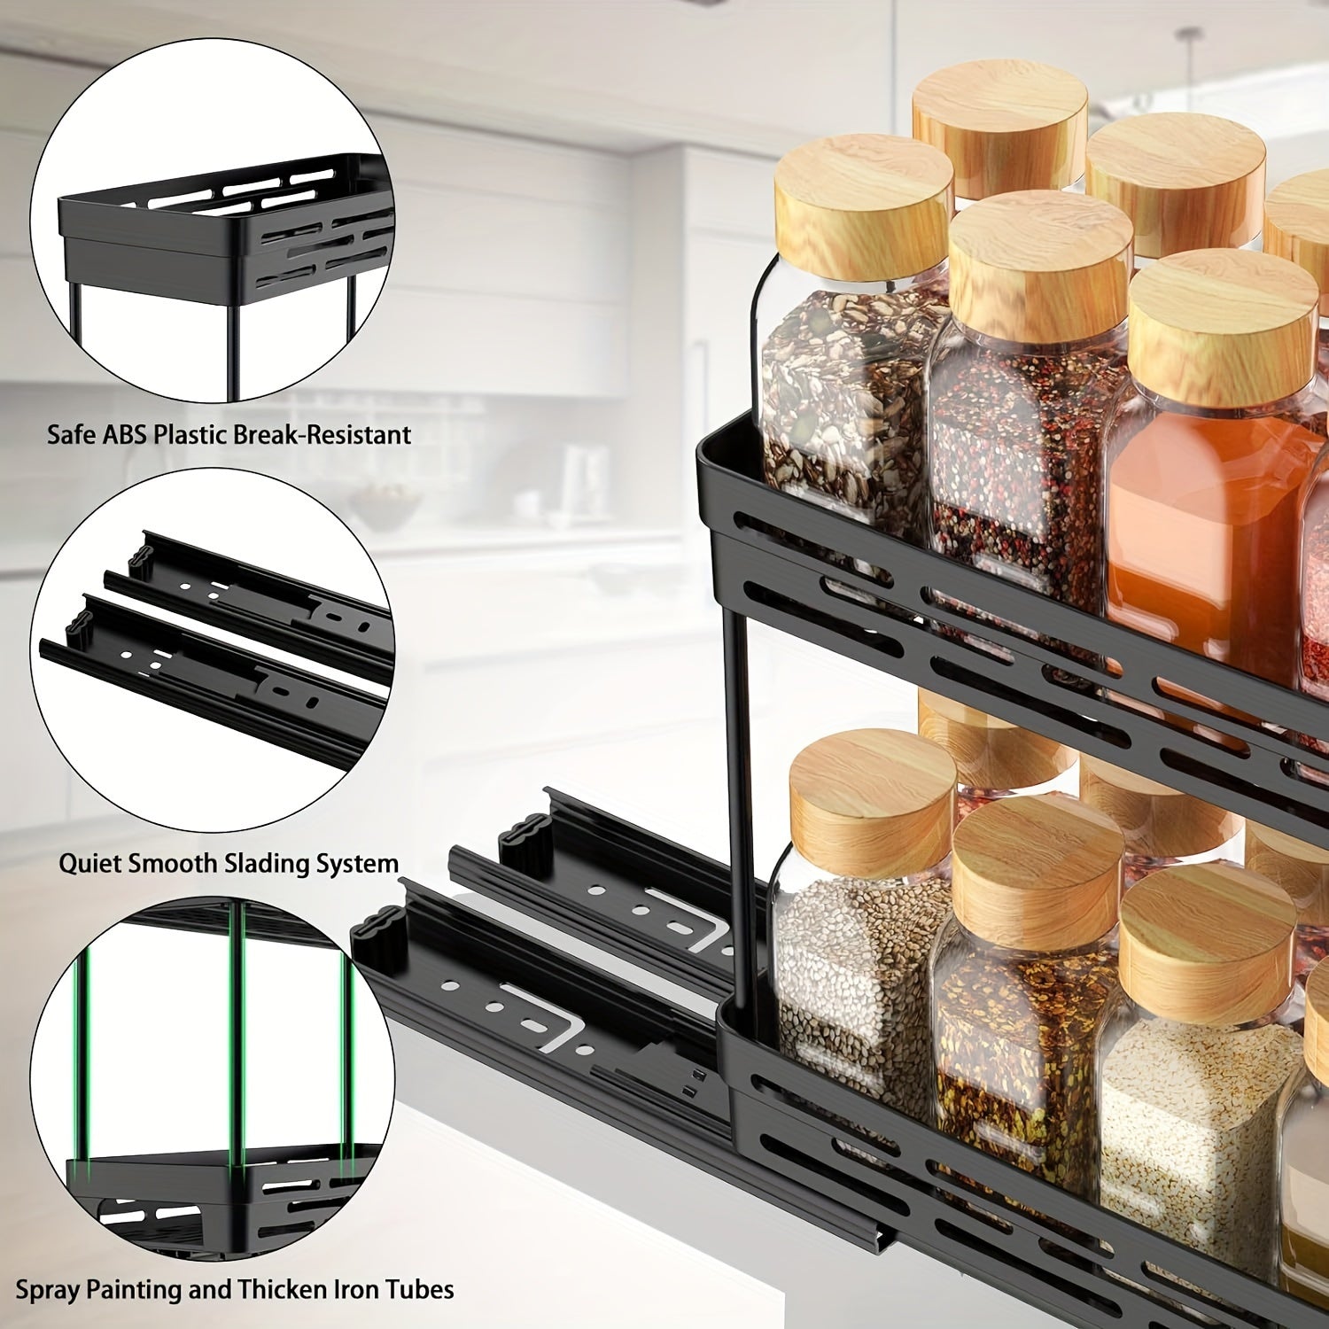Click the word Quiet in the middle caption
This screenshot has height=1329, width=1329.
(92, 863)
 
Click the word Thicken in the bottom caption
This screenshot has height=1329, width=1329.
(279, 1289)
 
